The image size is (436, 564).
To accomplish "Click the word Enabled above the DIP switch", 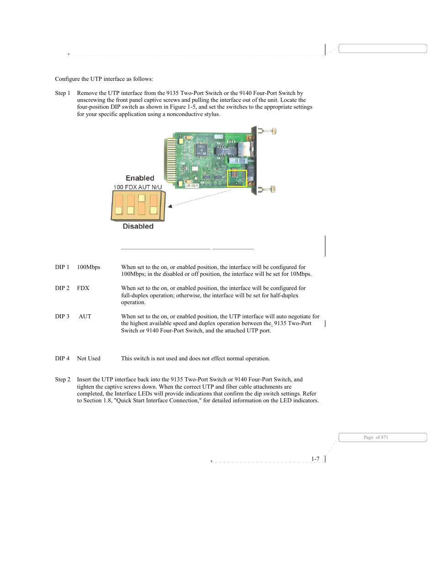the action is [x=140, y=178].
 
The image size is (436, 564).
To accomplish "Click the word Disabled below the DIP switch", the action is [x=138, y=226].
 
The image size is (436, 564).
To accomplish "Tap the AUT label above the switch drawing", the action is [x=144, y=187].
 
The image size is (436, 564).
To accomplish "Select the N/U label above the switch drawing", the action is [x=156, y=187].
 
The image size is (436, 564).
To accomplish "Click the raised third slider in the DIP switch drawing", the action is [x=142, y=199].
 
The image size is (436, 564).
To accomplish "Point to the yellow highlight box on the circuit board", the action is [x=237, y=178].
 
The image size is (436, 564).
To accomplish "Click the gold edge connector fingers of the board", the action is [x=170, y=160].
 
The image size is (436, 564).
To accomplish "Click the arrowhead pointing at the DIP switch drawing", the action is [x=170, y=206].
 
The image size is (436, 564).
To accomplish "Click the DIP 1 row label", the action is [x=62, y=267].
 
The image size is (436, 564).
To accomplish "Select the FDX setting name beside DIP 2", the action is [x=83, y=288].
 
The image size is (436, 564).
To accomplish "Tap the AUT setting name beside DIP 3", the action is [x=85, y=316].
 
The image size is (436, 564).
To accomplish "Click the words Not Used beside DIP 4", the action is [x=89, y=358].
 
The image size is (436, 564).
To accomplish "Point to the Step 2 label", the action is [x=63, y=380].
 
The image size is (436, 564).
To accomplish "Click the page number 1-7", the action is [x=315, y=459].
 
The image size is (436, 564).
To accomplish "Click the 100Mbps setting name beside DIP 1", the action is [x=89, y=267].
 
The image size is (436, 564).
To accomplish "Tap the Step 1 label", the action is [x=63, y=93].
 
